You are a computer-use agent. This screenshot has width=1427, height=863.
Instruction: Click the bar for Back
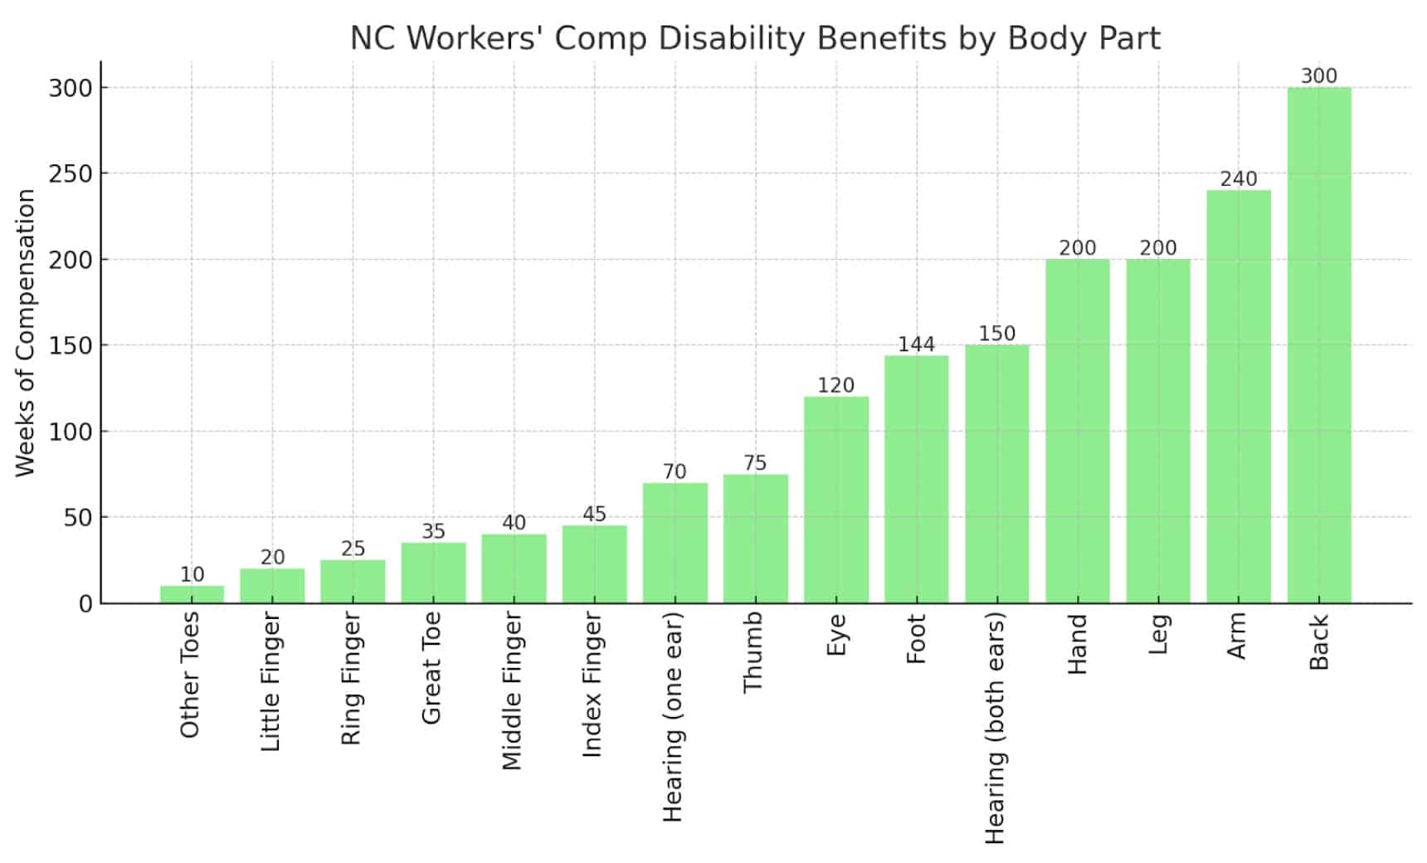[x=1318, y=345]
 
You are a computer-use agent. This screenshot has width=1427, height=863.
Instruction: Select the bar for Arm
[x=1238, y=397]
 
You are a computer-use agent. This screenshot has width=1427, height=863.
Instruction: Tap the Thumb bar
[x=755, y=539]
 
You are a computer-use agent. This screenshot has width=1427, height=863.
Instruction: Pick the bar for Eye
[x=835, y=500]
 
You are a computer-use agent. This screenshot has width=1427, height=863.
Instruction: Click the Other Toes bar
[x=192, y=595]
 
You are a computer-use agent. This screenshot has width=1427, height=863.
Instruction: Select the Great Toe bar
[x=433, y=573]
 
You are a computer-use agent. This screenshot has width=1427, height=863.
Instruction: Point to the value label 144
[x=916, y=344]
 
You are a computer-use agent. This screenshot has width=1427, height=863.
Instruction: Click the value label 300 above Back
[x=1318, y=76]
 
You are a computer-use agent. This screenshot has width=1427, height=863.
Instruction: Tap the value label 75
[x=755, y=463]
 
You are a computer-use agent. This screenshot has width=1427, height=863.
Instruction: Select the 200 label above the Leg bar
[x=1157, y=248]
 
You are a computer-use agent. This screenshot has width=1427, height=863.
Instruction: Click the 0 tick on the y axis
[x=85, y=604]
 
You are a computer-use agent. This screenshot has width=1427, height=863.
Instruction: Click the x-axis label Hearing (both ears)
[x=996, y=729]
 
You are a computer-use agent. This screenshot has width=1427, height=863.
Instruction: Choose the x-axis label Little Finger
[x=271, y=682]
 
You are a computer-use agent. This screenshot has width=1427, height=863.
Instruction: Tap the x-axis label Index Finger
[x=592, y=685]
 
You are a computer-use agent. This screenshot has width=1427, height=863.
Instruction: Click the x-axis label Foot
[x=916, y=639]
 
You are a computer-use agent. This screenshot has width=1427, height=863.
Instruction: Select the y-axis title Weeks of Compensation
[x=26, y=333]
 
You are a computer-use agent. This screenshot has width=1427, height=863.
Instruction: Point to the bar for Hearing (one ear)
[x=675, y=544]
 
